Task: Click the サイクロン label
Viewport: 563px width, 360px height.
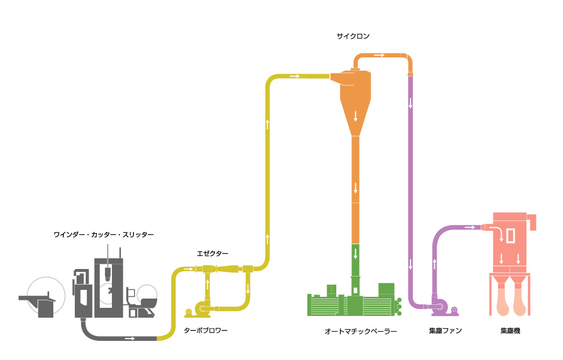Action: (353, 36)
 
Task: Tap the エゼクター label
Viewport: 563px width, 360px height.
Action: (212, 253)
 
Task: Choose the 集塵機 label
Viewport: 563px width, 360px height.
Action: (510, 331)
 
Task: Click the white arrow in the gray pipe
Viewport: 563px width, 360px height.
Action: (129, 338)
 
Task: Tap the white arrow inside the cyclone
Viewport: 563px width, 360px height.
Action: (355, 115)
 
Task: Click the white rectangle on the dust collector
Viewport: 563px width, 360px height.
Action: (510, 236)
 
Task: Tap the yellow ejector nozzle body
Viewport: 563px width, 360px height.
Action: (223, 268)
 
